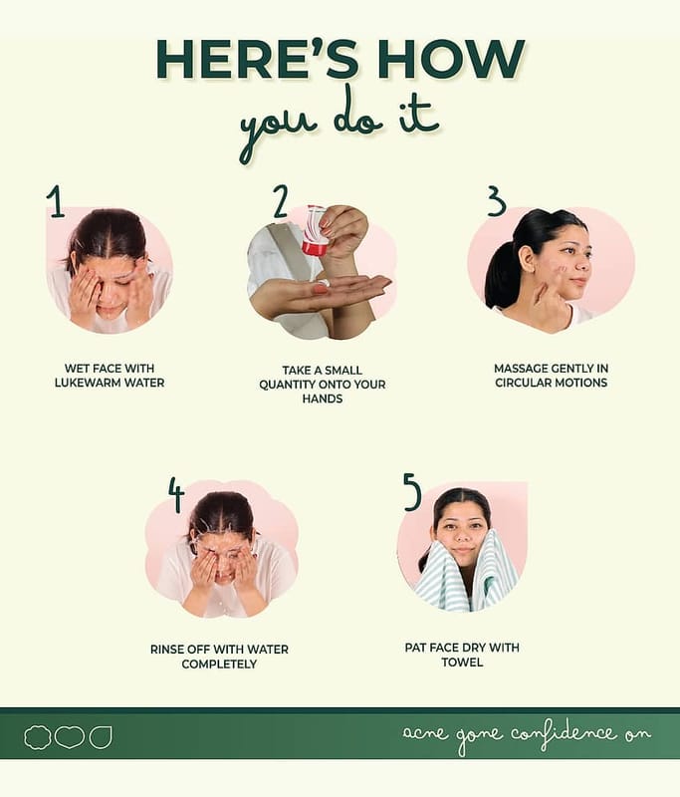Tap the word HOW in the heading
(451, 59)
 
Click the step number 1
(56, 201)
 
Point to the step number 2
(281, 201)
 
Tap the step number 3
(497, 201)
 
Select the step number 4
(176, 494)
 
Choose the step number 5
(412, 491)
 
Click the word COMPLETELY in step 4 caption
(219, 664)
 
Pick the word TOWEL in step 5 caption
(462, 663)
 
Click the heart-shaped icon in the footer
(69, 737)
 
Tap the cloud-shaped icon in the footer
(38, 737)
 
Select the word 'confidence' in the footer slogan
(564, 733)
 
